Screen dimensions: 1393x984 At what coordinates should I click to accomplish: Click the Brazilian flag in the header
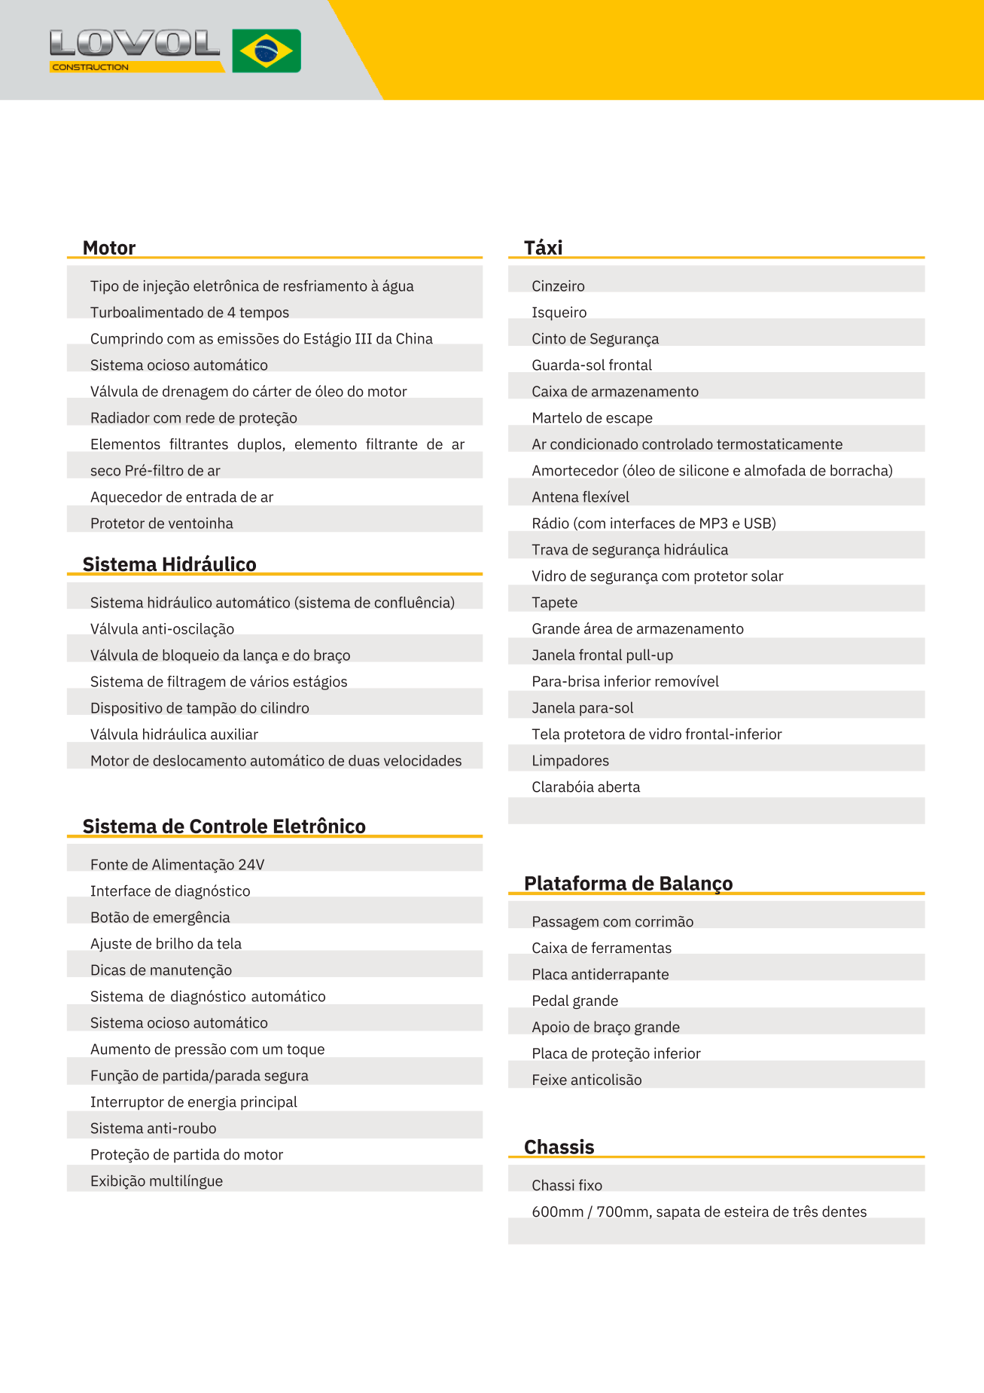point(267,51)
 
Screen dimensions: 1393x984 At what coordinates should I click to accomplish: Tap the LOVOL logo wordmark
point(135,43)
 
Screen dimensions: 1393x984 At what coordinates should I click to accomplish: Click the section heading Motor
point(109,248)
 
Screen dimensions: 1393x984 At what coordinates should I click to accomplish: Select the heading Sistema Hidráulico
point(169,564)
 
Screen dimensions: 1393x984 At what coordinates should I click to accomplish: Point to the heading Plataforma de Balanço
point(628,883)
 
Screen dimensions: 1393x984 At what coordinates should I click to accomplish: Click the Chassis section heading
point(559,1147)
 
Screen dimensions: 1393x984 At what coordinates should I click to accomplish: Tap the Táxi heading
point(543,248)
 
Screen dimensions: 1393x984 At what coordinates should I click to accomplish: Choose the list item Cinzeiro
point(558,286)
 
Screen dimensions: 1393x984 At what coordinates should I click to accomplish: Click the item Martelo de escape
point(592,418)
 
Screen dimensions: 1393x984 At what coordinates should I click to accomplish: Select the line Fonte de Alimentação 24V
point(177,865)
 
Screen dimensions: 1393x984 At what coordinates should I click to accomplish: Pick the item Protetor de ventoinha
point(162,524)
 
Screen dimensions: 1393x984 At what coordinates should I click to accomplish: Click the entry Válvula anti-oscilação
point(162,629)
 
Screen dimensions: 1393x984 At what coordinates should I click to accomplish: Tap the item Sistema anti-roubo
point(153,1129)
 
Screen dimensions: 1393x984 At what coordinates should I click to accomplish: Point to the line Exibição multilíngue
point(157,1181)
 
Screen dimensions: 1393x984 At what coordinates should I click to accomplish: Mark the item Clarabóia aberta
point(586,787)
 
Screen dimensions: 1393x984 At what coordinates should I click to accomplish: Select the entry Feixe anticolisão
point(586,1080)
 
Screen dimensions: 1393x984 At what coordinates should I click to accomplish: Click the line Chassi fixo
point(567,1186)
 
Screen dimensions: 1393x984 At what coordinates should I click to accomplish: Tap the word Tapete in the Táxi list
point(554,603)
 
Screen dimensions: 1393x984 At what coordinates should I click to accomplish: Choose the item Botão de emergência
point(160,918)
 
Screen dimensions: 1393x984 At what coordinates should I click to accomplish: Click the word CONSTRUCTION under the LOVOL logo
point(90,67)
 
